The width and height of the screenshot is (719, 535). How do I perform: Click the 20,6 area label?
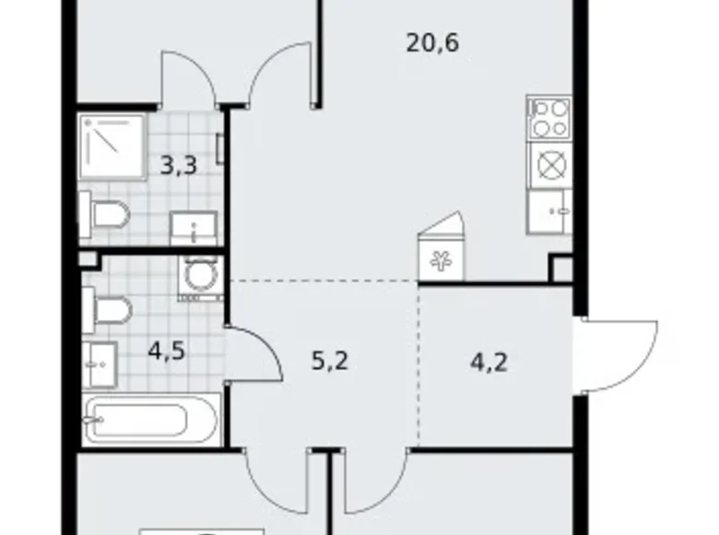432,42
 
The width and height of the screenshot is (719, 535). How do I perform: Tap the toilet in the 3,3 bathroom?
104,214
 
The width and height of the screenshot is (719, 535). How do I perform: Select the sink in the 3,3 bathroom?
194,227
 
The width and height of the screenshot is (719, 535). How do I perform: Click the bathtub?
152,420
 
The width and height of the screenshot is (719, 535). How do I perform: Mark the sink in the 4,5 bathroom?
100,365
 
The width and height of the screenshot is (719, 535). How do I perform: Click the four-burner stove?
549,117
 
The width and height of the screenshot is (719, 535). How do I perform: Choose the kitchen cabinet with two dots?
549,212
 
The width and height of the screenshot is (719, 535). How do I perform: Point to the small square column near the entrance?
560,268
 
